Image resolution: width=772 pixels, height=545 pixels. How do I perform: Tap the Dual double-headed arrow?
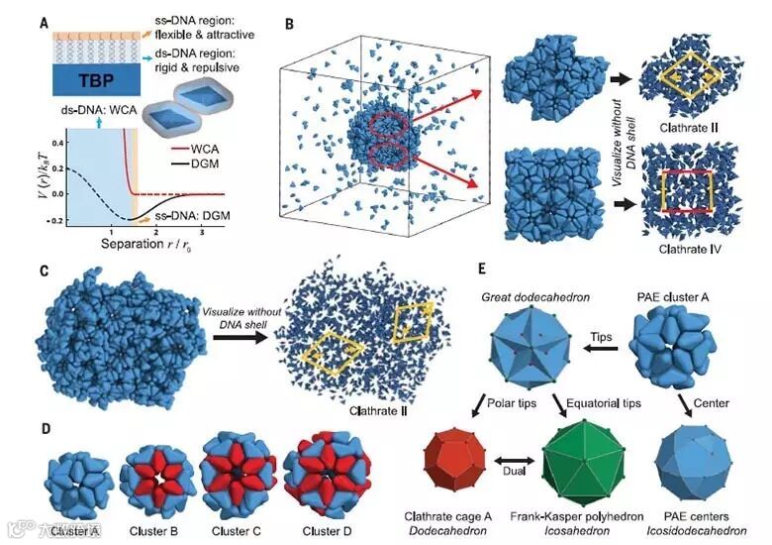(515, 473)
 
